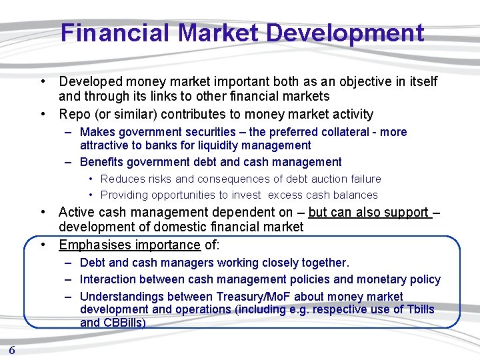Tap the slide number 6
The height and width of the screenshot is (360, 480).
pos(12,350)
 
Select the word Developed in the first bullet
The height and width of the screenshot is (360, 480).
pos(91,81)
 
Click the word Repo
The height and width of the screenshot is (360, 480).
pos(75,114)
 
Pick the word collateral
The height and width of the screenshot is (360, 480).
pos(348,132)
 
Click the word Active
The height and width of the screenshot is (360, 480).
pos(76,213)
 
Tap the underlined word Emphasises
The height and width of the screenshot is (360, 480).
pos(94,245)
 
